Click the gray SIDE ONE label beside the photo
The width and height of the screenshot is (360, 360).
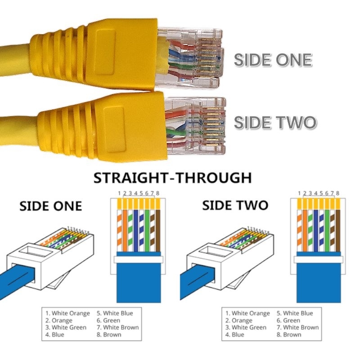point(273,60)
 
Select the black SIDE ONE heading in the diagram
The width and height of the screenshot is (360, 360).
point(50,206)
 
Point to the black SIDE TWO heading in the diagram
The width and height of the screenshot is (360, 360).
point(235,206)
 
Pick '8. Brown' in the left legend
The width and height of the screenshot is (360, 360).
point(109,335)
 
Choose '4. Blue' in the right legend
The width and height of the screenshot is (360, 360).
point(235,335)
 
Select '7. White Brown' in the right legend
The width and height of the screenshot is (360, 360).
point(298,328)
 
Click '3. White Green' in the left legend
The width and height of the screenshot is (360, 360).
point(66,328)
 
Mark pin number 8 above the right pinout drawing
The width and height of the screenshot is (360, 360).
point(337,193)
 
